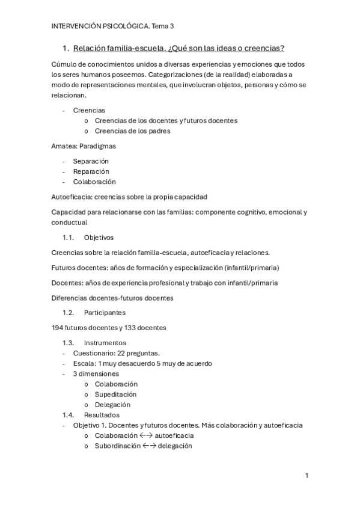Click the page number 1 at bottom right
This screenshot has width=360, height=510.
307,476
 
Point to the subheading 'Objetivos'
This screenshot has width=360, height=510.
99,238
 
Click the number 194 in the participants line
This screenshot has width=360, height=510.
59,328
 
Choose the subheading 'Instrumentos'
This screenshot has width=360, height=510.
105,343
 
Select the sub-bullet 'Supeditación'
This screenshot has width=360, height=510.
115,394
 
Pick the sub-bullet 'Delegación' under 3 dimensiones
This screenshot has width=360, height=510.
112,405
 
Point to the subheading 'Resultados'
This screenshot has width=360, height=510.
102,415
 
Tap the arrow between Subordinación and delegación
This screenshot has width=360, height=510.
149,446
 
